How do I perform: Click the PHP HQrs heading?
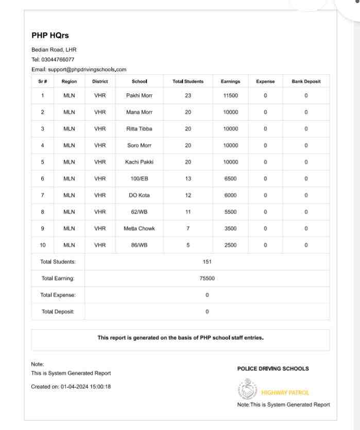[50, 36]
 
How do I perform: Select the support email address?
[87, 69]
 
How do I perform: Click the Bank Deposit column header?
[306, 81]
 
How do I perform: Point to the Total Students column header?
[188, 81]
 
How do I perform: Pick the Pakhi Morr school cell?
[139, 95]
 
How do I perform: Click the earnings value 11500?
[231, 95]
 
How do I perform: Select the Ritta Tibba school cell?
[139, 129]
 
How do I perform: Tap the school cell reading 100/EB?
[139, 178]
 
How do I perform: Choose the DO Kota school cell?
[139, 195]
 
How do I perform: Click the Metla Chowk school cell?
[139, 228]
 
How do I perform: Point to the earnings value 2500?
[231, 245]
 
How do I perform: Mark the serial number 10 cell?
[43, 245]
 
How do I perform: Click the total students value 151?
[207, 262]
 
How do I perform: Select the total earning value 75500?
[207, 278]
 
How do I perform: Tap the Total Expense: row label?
[58, 295]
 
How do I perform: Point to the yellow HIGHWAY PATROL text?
[285, 392]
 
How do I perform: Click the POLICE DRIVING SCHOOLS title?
[273, 369]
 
